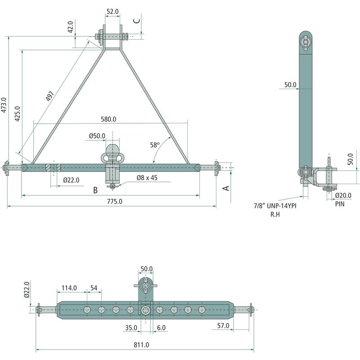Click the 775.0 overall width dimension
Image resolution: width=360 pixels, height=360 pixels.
[x=115, y=201]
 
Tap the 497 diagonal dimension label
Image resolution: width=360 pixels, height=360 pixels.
[x=49, y=97]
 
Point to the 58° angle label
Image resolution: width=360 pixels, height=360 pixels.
[x=155, y=145]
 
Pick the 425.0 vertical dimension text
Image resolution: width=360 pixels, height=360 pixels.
[x=18, y=115]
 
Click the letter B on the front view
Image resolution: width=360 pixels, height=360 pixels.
[x=95, y=190]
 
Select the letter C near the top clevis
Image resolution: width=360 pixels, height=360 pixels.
[x=137, y=20]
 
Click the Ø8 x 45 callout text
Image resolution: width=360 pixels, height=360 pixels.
[x=148, y=178]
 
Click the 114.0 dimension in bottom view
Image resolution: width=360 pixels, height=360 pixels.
[x=69, y=288]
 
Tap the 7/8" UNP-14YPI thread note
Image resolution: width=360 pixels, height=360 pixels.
[x=275, y=206]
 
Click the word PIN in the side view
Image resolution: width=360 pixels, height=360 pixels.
[x=340, y=203]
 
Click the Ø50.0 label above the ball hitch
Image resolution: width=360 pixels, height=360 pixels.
[x=97, y=135]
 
